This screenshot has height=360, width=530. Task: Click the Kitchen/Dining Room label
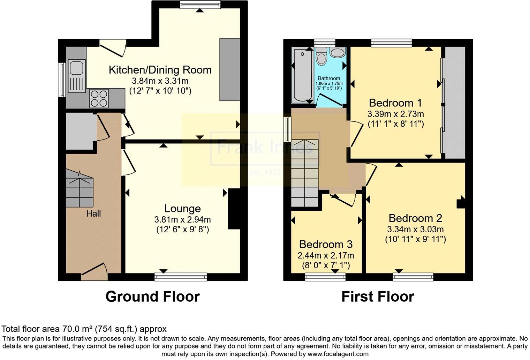pyautogui.click(x=160, y=70)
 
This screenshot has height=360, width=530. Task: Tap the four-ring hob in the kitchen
pyautogui.click(x=99, y=98)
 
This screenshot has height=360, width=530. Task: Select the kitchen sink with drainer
pyautogui.click(x=77, y=76)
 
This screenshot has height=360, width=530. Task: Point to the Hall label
pyautogui.click(x=93, y=214)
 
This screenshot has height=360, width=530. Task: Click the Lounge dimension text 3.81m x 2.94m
pyautogui.click(x=182, y=220)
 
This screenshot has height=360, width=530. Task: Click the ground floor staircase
pyautogui.click(x=79, y=189)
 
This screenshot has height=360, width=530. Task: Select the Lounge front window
pyautogui.click(x=181, y=277)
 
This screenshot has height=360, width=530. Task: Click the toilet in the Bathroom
pyautogui.click(x=321, y=56)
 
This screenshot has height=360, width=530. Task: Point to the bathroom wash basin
pyautogui.click(x=338, y=52)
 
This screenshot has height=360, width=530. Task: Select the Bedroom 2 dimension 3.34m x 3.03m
pyautogui.click(x=415, y=229)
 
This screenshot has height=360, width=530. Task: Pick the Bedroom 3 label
pyautogui.click(x=326, y=244)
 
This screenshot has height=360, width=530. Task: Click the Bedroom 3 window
pyautogui.click(x=325, y=277)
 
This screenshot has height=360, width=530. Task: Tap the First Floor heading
pyautogui.click(x=378, y=297)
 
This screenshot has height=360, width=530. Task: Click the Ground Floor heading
pyautogui.click(x=153, y=297)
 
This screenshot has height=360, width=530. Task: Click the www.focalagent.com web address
pyautogui.click(x=338, y=354)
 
